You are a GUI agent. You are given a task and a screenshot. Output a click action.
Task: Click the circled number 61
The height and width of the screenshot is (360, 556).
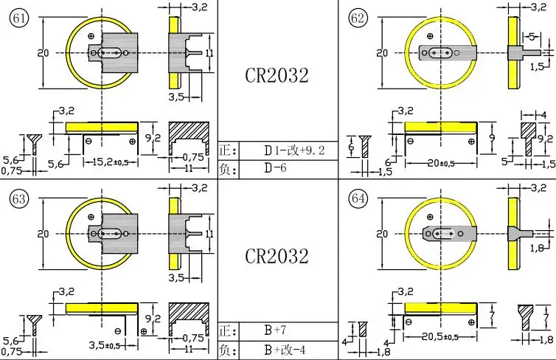[18, 18]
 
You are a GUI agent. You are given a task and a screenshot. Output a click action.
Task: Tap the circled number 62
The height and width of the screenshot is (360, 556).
[358, 18]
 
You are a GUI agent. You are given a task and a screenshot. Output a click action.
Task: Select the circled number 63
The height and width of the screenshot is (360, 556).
[18, 198]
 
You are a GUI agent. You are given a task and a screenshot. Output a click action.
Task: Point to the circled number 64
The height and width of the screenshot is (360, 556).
[358, 198]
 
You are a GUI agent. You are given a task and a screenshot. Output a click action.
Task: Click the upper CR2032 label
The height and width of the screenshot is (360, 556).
[277, 75]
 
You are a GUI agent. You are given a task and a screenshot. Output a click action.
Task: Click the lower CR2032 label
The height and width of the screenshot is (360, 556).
[277, 256]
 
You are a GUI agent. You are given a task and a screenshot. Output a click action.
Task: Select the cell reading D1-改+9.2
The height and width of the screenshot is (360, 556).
[294, 150]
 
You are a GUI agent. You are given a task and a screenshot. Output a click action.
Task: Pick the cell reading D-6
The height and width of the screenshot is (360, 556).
[275, 167]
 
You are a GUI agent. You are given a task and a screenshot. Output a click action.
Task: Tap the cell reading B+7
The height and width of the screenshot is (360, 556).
[275, 330]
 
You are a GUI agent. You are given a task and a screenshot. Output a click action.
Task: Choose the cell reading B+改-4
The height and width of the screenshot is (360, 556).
[285, 350]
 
